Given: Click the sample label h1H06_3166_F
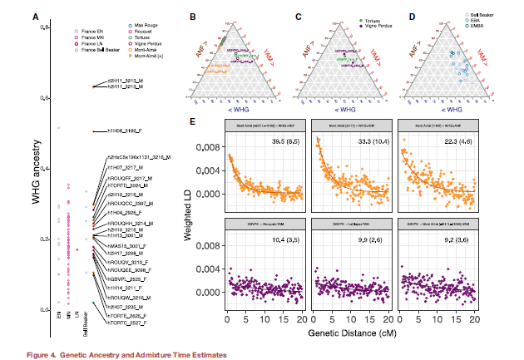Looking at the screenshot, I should tap(125, 131).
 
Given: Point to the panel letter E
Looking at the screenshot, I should tap(193, 121).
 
